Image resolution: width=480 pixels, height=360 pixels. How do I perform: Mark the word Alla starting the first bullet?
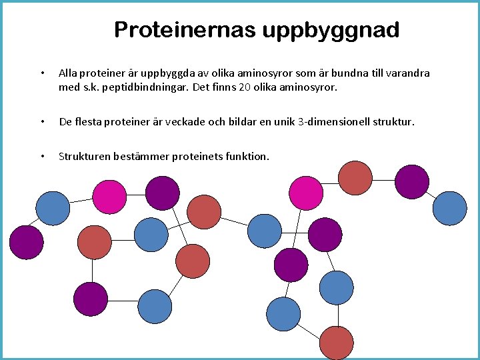67,73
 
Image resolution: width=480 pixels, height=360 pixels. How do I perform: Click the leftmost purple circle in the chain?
26,241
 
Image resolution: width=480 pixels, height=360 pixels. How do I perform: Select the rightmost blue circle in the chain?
450,207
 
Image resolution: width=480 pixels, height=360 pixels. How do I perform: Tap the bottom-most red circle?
336,343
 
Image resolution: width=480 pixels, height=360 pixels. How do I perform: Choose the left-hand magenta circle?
109,196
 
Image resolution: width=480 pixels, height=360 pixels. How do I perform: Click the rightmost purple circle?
412,181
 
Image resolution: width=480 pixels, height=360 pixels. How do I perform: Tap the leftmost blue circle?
52,207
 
